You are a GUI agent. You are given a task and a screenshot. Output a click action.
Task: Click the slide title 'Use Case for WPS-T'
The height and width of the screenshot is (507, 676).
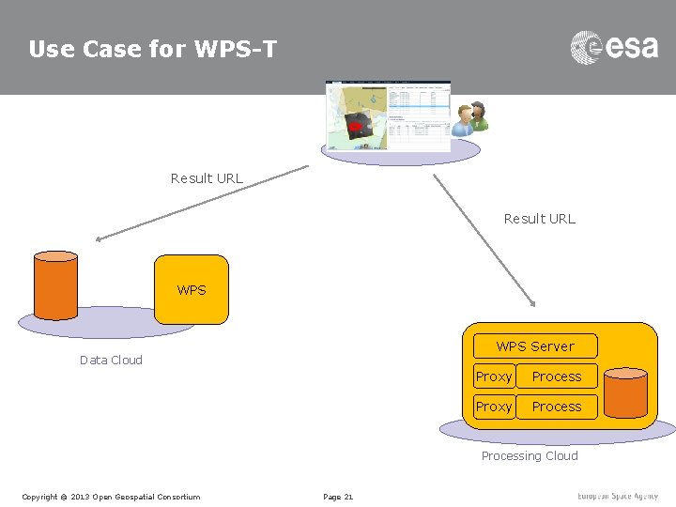[x=153, y=49]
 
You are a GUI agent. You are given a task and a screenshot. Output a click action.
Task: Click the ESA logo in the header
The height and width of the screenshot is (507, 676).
[x=614, y=47]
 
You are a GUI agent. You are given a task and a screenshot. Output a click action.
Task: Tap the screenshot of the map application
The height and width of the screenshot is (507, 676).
[x=387, y=115]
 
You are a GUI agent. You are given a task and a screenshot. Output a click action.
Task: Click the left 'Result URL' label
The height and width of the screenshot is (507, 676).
[x=207, y=178]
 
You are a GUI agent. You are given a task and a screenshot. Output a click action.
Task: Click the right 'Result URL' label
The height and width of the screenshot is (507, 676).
[x=539, y=219]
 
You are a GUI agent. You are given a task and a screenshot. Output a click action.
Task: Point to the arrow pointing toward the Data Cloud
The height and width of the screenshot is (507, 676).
[x=202, y=204]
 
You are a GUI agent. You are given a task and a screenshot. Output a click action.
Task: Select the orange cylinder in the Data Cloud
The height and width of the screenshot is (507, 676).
[x=55, y=285]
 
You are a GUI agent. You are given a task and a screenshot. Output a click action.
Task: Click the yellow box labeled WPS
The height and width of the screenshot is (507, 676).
[x=192, y=290]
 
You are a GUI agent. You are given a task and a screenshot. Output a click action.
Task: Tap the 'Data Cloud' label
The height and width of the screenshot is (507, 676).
[x=111, y=360]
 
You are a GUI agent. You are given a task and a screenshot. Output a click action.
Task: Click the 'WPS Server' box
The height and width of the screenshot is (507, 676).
[x=535, y=346]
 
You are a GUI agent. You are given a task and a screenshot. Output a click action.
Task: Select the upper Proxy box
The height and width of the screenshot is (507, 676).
[x=494, y=376]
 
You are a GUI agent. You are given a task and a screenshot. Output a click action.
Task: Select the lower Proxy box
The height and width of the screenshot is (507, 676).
[x=494, y=407]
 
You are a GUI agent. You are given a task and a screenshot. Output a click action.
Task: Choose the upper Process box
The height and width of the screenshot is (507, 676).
[x=557, y=376]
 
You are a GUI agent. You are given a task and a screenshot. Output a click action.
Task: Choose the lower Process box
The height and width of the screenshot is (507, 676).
[x=557, y=407]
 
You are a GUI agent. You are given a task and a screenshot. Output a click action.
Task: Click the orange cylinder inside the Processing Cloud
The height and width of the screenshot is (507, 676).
[x=625, y=392]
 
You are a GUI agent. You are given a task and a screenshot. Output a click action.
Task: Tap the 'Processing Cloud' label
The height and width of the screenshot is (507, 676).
[x=530, y=456]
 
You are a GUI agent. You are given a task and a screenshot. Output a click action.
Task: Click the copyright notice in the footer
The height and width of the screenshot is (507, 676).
[x=111, y=497]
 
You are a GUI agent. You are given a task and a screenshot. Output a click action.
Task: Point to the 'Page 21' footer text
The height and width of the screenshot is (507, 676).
[x=338, y=497]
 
